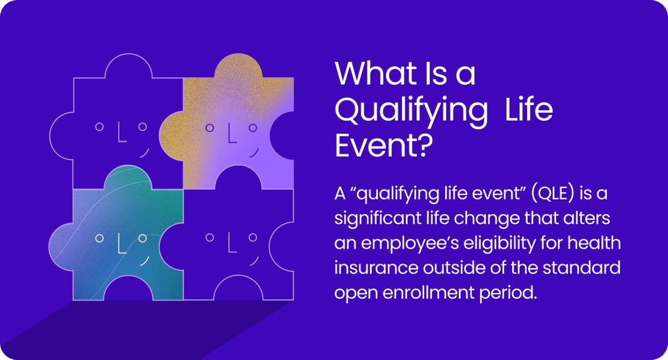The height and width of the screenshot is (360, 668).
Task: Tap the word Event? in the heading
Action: (x=382, y=147)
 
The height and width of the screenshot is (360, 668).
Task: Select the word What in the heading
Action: (x=374, y=74)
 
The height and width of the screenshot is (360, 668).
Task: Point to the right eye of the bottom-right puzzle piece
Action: (x=252, y=237)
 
